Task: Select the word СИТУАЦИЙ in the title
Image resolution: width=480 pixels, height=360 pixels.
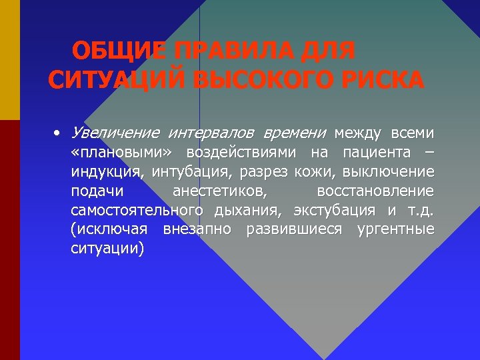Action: click(x=115, y=80)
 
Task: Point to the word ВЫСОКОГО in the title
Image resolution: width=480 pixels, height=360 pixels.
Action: click(x=266, y=80)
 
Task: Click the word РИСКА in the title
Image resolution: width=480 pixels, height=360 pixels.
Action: click(x=386, y=80)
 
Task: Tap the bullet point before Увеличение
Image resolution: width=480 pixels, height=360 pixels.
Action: click(x=59, y=133)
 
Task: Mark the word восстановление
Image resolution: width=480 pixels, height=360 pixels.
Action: click(x=375, y=191)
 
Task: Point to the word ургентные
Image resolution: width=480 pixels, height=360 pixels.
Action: click(x=396, y=230)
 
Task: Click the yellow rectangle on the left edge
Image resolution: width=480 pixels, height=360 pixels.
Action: click(x=9, y=60)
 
